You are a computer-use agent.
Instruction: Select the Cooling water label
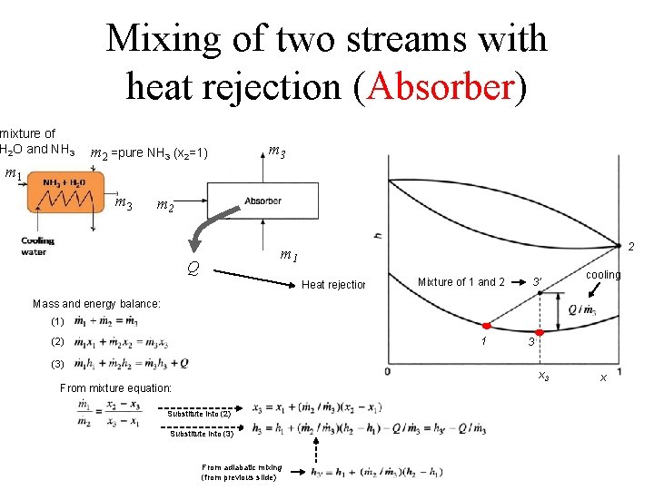tap(38, 246)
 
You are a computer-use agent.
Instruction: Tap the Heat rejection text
tap(333, 285)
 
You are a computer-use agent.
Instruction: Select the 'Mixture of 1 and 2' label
tap(461, 281)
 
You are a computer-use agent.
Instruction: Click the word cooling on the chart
tap(602, 275)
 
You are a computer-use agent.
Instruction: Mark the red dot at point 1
tap(486, 325)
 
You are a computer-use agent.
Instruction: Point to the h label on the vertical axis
tap(376, 236)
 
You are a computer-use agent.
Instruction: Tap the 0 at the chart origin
tap(388, 372)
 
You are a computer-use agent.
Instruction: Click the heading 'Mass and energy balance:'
tap(96, 303)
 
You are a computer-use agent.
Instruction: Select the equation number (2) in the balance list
tap(58, 342)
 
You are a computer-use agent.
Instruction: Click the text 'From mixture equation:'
tap(115, 387)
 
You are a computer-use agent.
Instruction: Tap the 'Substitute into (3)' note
tap(202, 434)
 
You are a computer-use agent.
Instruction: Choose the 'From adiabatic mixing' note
tap(242, 471)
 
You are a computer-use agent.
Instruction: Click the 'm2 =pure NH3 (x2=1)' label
tap(150, 153)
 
